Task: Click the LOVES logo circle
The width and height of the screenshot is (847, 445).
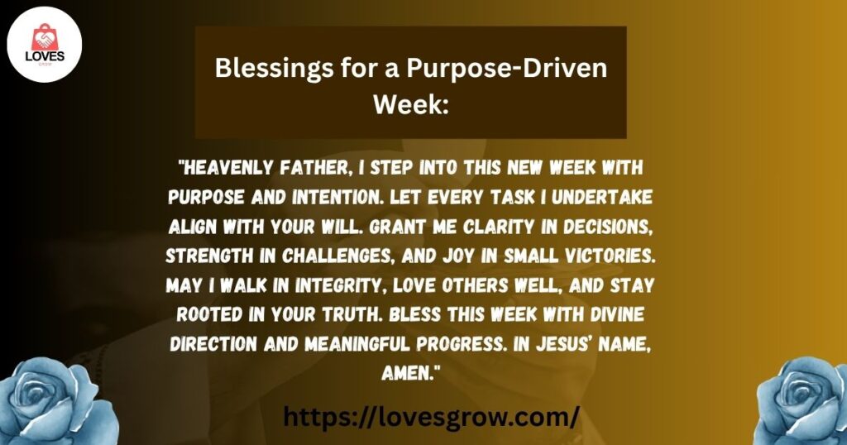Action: click(45, 45)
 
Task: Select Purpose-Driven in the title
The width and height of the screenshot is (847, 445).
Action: click(507, 69)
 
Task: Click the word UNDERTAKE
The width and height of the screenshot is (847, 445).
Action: click(601, 198)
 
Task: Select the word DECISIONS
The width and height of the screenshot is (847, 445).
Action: click(605, 227)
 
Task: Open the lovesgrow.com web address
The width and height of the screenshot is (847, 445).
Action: click(431, 416)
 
